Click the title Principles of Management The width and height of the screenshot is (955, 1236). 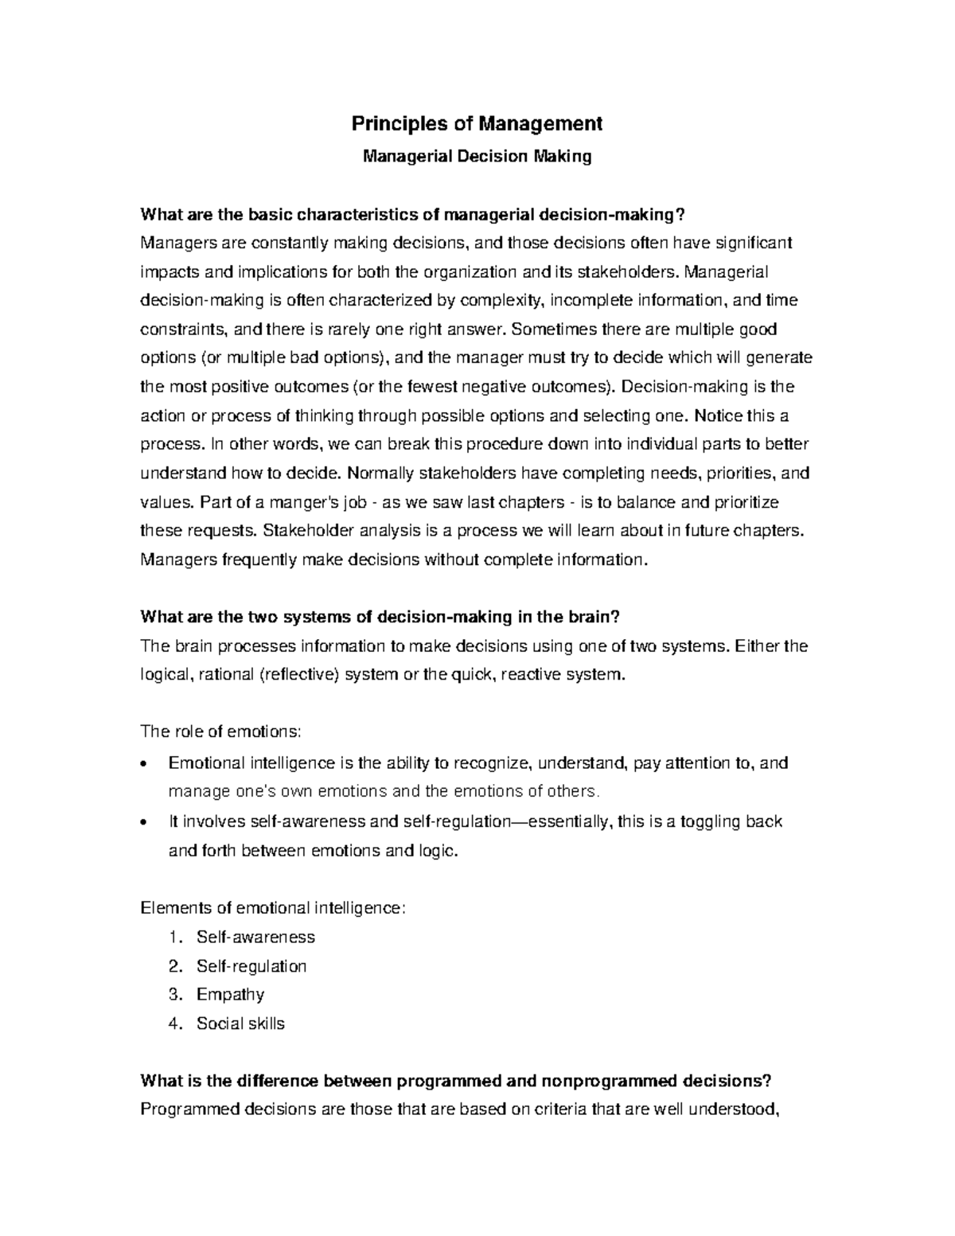[x=477, y=124]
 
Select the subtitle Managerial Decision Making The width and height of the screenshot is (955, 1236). [x=477, y=156]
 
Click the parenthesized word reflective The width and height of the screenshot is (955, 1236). [x=300, y=675]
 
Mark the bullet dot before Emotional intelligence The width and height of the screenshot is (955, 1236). [x=143, y=765]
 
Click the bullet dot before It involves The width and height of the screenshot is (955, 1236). [x=143, y=823]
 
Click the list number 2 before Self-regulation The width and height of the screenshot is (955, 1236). [x=175, y=966]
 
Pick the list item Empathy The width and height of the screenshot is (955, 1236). [x=230, y=995]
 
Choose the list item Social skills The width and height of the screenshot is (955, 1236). [x=240, y=1024]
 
